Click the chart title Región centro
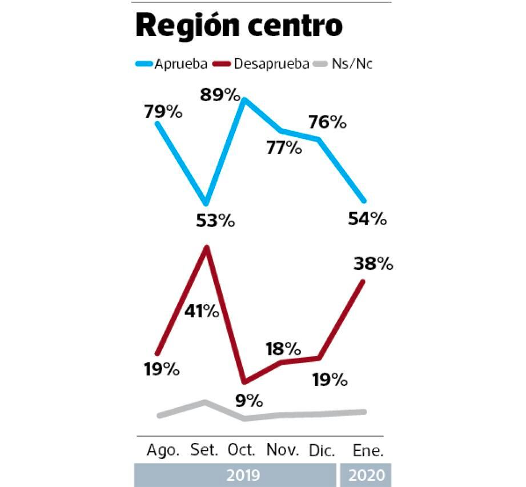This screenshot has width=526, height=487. coord(239,26)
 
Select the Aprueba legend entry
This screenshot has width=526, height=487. coord(179,63)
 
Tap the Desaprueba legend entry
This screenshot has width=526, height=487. coord(271,63)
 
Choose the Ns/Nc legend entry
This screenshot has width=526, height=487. coord(352,63)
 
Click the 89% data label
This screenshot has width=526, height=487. coord(220,95)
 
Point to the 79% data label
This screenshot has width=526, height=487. coord(163,111)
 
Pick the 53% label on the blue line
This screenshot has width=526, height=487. coord(216,221)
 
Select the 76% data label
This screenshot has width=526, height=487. coord(328,122)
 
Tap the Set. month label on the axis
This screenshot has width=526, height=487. coord(204,450)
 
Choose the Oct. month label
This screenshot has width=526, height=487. coord(242,450)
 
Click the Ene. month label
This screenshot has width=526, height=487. coord(367,450)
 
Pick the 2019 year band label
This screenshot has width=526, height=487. coord(243,475)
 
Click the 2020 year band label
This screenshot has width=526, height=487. coord(366,475)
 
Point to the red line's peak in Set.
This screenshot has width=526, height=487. coord(207,248)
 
